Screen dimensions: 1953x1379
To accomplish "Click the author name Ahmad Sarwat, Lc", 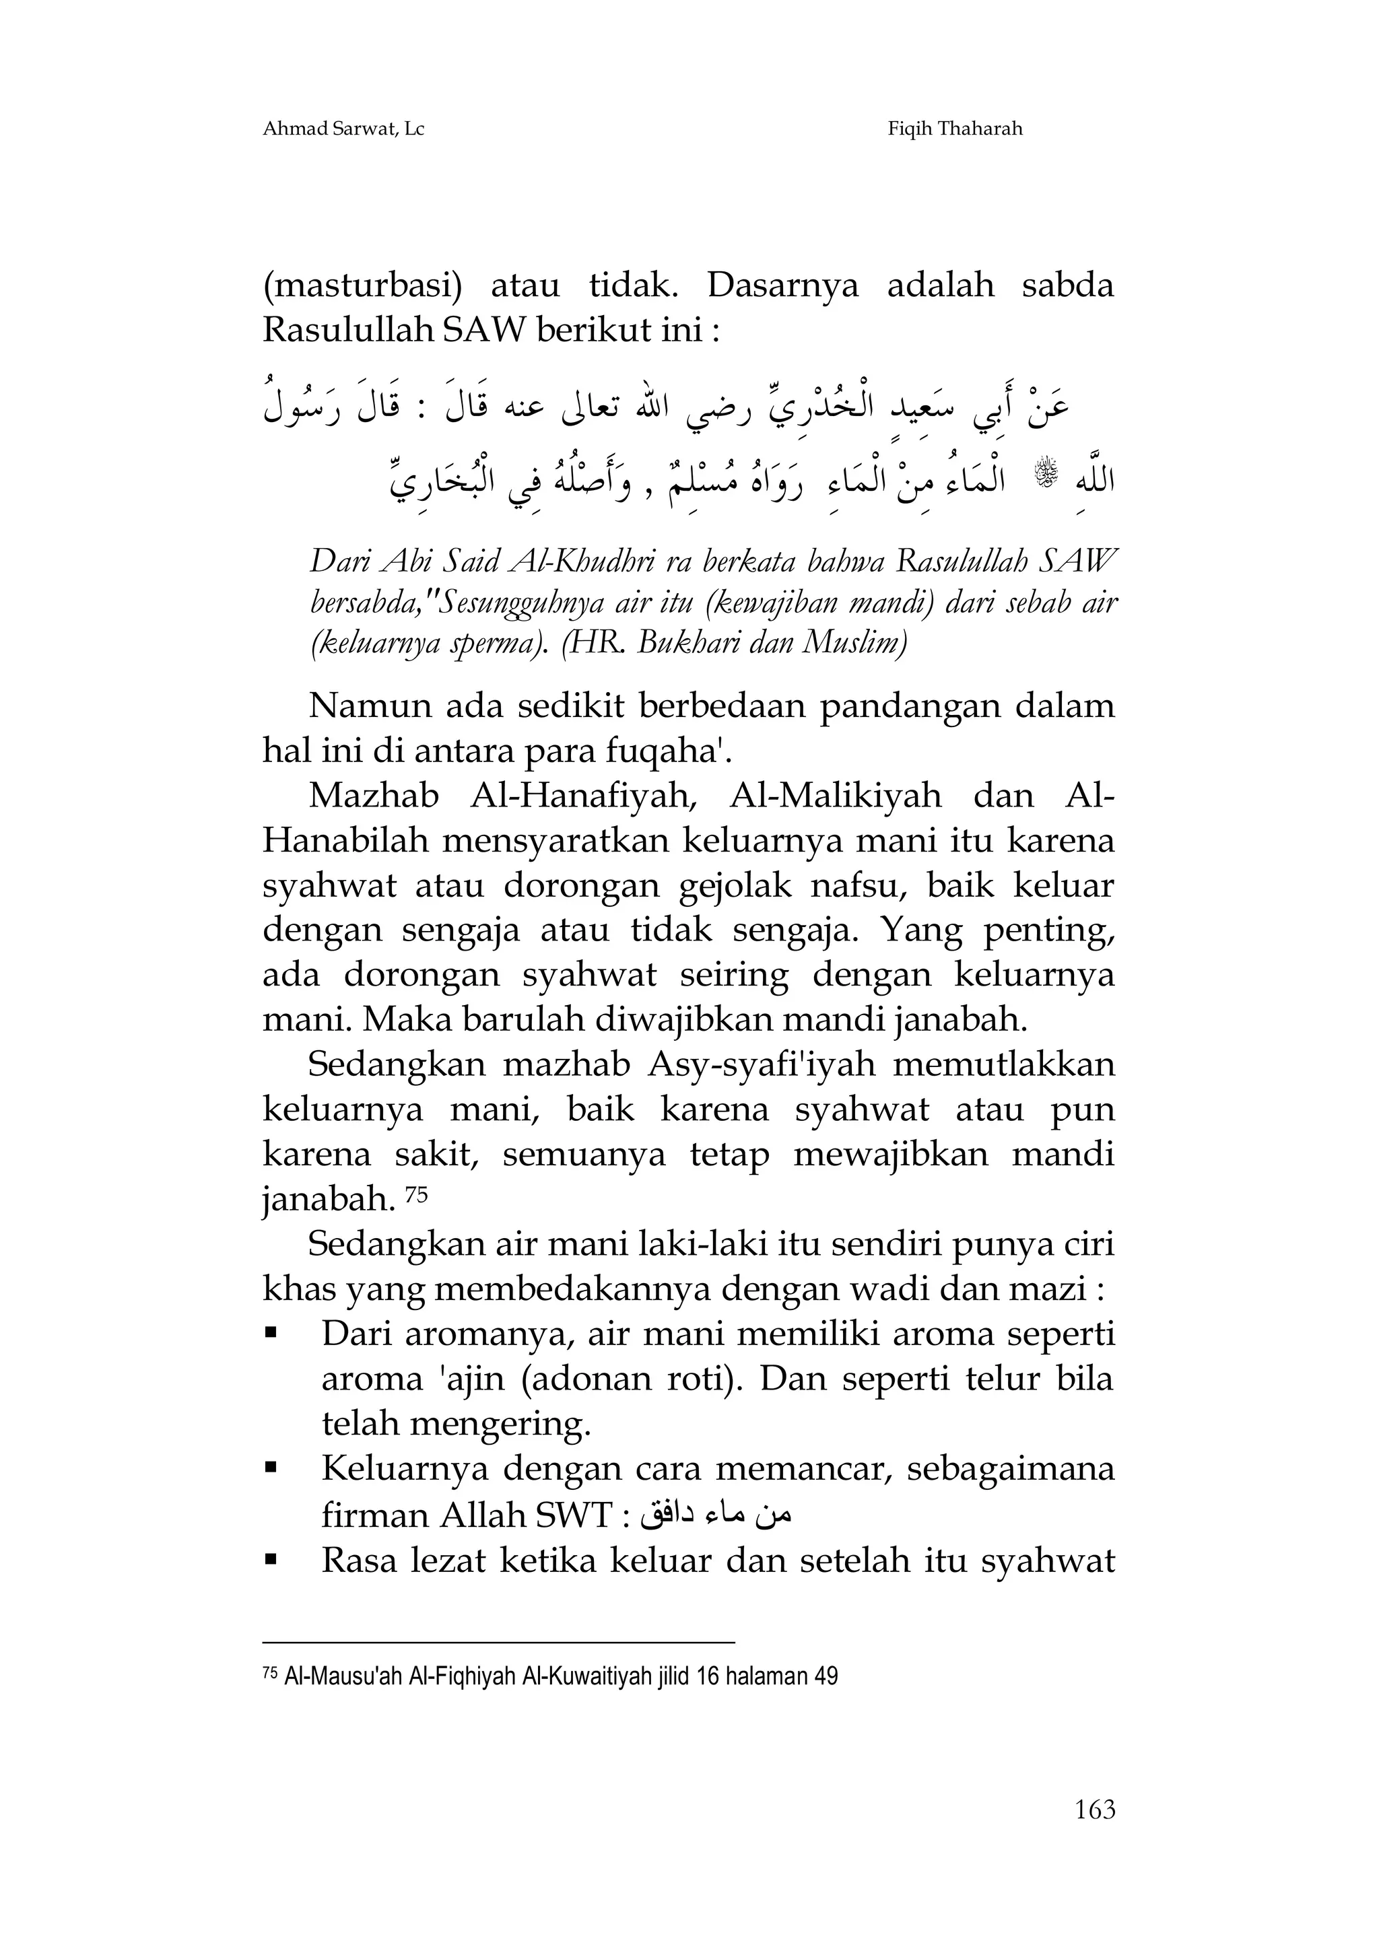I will [x=343, y=129].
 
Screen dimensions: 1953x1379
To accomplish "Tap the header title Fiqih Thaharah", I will [x=955, y=129].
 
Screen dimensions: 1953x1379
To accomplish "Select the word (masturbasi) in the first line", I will [x=362, y=286].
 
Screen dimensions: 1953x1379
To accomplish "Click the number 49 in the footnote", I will [x=826, y=1676].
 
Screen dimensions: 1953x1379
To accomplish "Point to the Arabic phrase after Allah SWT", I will [x=716, y=1515].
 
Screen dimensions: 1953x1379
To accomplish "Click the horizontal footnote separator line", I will [x=498, y=1643].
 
